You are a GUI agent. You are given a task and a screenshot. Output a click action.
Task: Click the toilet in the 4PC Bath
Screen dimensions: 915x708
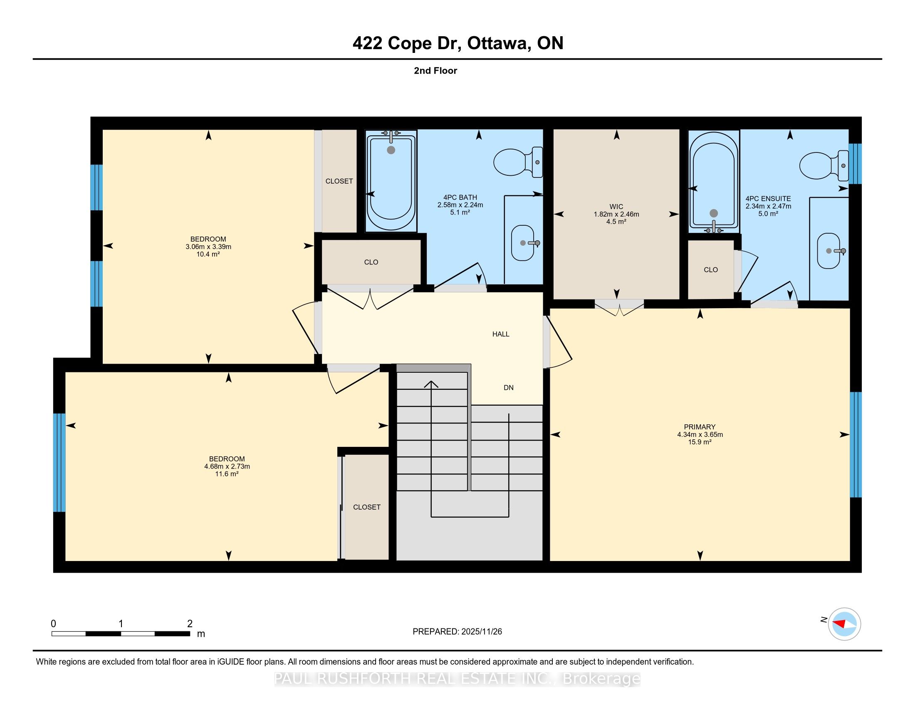[x=518, y=162]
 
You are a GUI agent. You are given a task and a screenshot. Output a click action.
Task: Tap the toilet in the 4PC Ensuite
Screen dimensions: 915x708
[x=824, y=165]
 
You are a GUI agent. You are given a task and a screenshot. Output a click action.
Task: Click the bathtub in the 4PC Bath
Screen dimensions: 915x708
[x=391, y=180]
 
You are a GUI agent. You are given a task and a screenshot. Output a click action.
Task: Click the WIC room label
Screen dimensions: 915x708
[x=616, y=206]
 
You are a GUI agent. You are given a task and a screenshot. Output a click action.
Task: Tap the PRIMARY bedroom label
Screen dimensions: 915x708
[x=700, y=426]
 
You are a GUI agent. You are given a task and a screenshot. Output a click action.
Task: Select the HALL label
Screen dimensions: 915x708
[x=501, y=334]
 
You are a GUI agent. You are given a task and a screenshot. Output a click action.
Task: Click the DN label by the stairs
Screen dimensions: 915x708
[x=509, y=388]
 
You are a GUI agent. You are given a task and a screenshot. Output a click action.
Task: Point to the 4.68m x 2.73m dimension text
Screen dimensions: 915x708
[x=227, y=466]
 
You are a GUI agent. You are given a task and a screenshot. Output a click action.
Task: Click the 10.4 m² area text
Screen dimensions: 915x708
[x=208, y=254]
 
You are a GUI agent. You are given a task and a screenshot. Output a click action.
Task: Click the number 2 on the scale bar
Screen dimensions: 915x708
[x=190, y=624]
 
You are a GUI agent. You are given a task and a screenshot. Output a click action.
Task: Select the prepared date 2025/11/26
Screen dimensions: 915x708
[x=481, y=632]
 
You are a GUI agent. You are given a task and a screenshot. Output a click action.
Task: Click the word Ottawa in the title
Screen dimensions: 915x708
[x=497, y=43]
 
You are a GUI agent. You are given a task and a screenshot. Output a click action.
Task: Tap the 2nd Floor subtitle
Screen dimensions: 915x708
[x=435, y=70]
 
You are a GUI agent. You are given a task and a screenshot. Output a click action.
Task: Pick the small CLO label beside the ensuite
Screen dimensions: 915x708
[x=710, y=270]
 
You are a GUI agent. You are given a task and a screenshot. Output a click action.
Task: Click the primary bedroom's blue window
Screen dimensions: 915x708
[x=856, y=445]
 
